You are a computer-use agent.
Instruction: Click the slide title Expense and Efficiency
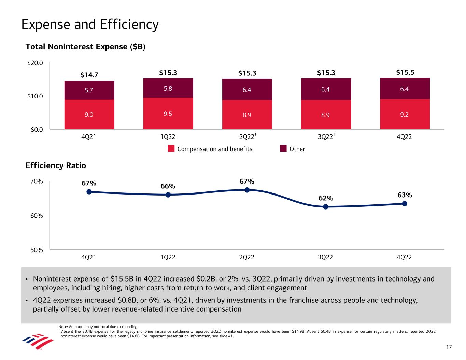[90, 25]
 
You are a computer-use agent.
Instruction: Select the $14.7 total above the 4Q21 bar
[89, 75]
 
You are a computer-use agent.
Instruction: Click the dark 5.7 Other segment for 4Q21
[89, 90]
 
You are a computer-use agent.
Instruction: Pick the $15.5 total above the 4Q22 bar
[405, 72]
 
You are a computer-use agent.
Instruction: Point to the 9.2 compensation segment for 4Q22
[405, 115]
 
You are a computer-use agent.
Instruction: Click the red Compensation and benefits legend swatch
[171, 149]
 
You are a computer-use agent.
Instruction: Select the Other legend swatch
[283, 148]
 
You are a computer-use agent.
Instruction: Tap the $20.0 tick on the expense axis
[35, 63]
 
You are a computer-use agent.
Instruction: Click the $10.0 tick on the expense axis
[35, 96]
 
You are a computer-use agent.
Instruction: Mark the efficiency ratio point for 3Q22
[326, 207]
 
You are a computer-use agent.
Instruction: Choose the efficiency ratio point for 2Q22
[247, 190]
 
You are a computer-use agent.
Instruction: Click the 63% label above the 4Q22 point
[405, 195]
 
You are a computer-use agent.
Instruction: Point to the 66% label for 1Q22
[168, 186]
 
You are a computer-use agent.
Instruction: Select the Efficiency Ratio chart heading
[56, 165]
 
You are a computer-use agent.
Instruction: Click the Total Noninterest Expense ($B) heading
[86, 47]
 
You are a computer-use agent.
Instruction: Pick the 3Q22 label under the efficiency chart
[325, 257]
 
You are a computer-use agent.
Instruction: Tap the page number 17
[449, 347]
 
